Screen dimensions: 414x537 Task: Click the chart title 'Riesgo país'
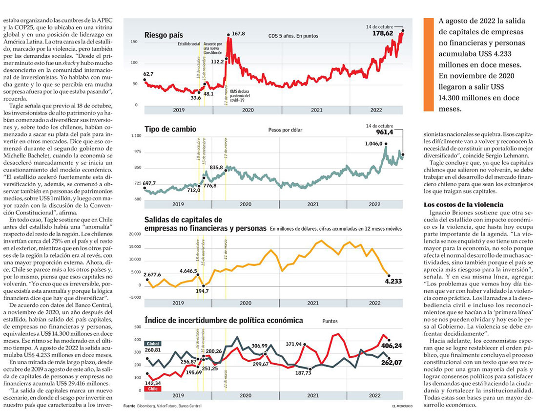tap(164, 35)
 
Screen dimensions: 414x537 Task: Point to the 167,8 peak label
tap(238, 33)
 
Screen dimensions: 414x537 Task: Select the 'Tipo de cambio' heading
tap(170, 129)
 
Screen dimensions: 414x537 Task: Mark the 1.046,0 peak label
tap(373, 144)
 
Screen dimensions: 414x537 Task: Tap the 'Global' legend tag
tap(152, 344)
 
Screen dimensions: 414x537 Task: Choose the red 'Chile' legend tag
tap(152, 390)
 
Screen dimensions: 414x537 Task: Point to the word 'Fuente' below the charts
tap(129, 406)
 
